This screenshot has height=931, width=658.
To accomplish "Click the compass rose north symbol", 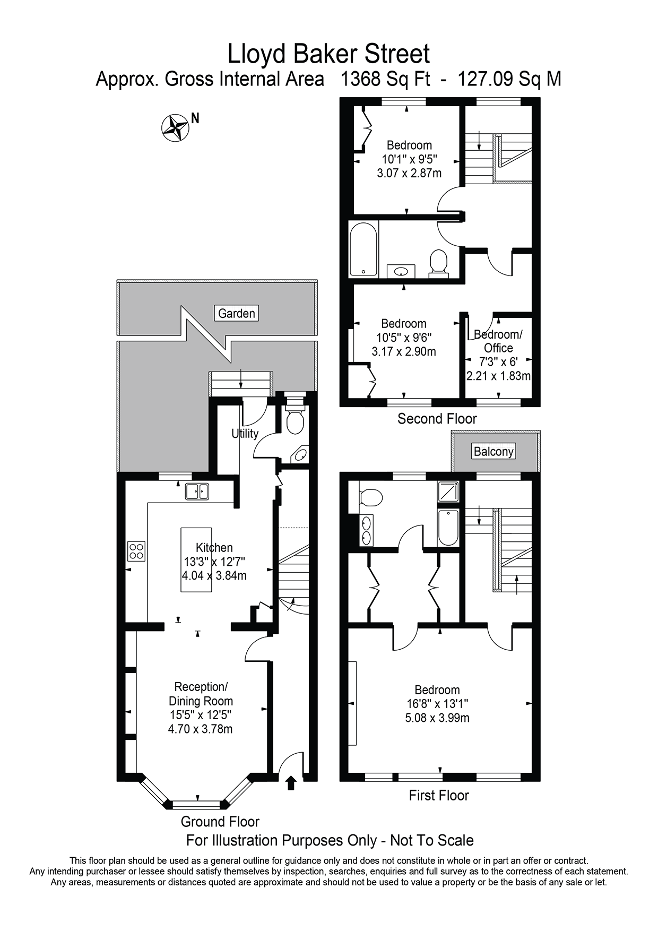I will click(175, 127).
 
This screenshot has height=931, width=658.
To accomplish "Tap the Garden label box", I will click(237, 313).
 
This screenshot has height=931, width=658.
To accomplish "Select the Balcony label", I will click(493, 451).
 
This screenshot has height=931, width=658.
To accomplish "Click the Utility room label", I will click(245, 433).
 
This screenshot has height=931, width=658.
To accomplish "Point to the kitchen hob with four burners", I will click(136, 550).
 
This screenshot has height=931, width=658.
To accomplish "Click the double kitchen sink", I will click(197, 492).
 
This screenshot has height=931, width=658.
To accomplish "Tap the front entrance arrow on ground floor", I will click(290, 783).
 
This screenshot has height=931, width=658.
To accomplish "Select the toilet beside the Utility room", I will click(295, 420).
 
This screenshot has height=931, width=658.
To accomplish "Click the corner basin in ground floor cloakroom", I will click(300, 455).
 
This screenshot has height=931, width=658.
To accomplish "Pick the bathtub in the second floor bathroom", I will click(363, 249).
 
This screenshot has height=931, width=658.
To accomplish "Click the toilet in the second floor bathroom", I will click(438, 263).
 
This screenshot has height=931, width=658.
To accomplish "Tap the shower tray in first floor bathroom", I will click(447, 492).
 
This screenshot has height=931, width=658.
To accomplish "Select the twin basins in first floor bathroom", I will click(366, 530).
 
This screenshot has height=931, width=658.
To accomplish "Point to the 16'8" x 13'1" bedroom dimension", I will click(437, 704).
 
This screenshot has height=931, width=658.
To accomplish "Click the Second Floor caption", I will click(437, 419).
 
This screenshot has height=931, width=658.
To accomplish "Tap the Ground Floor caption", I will click(220, 822).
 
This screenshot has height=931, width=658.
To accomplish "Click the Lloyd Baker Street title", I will click(328, 54).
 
